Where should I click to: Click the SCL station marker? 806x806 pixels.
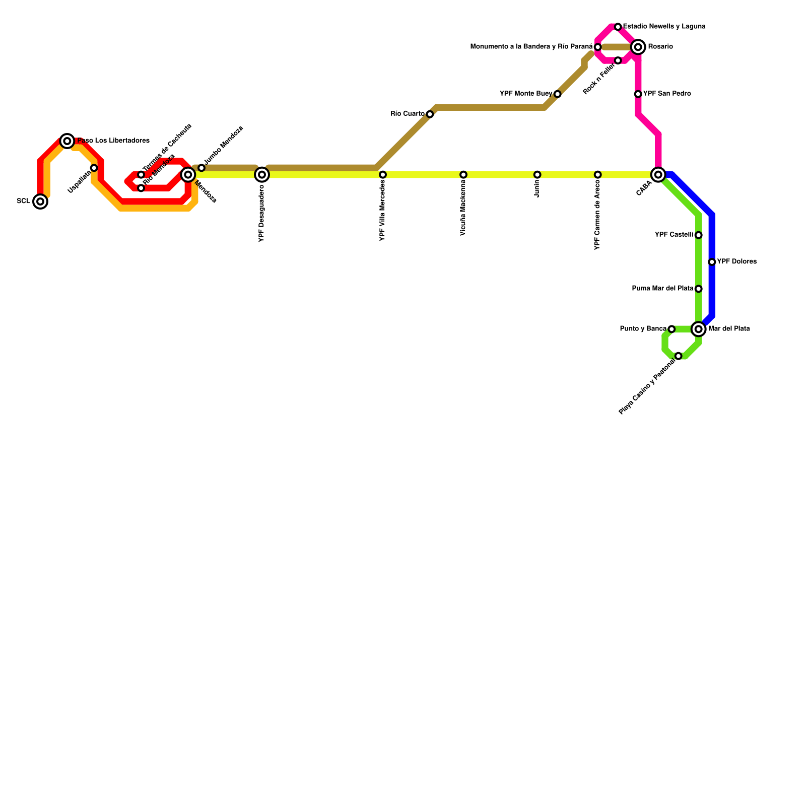pos(40,201)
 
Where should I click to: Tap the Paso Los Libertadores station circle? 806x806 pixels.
pos(67,141)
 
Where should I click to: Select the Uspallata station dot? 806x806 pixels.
pos(94,168)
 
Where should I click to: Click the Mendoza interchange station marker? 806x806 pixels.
pos(188,175)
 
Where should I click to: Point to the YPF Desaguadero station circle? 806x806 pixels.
pos(262,175)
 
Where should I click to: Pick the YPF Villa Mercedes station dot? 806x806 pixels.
pos(383,175)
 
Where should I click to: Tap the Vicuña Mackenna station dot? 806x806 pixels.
pos(463,175)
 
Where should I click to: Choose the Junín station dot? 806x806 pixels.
pos(537,175)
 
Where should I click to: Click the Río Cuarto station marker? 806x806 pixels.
pos(430,114)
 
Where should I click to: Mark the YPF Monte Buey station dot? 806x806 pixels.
pos(557,94)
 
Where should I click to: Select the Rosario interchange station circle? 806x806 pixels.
pos(638,47)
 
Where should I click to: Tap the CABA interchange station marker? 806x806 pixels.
pos(658,175)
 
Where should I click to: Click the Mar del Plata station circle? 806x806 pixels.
pos(698,329)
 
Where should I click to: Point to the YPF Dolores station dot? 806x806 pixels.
pos(712,262)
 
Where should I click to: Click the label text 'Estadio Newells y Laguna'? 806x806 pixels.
pos(664,26)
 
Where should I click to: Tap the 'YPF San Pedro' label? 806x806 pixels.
pos(667,94)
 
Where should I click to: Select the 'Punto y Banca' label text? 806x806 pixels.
pos(643,329)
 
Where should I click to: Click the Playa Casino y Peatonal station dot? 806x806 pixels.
pos(679,356)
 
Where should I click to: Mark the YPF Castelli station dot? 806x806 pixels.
pos(698,235)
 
